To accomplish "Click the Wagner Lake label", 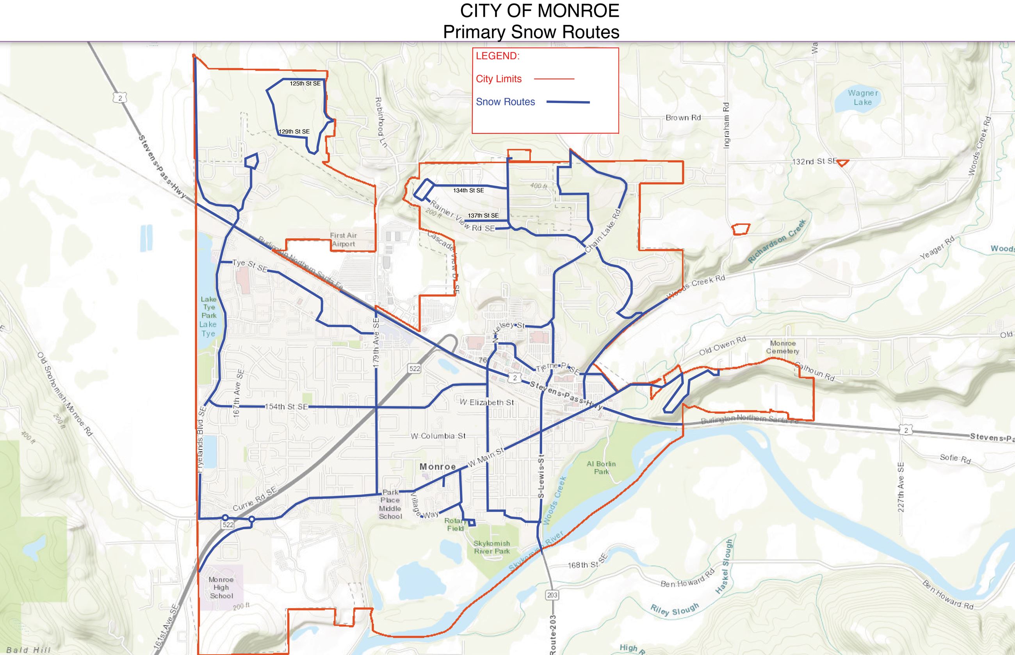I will click(x=862, y=98).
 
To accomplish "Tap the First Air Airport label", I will click(x=343, y=239).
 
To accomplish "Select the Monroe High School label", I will click(x=221, y=587).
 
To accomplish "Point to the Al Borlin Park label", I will click(x=601, y=467).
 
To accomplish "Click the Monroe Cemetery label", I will click(x=783, y=347).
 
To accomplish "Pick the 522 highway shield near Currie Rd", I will click(x=228, y=525).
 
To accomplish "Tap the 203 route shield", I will click(x=552, y=595).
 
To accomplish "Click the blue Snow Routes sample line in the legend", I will click(x=568, y=102).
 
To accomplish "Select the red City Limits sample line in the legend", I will click(x=554, y=79).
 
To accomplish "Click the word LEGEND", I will click(x=497, y=56).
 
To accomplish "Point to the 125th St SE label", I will click(x=305, y=84).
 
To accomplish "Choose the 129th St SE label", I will click(x=294, y=132).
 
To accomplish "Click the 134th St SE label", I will click(x=468, y=190).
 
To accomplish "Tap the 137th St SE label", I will click(x=483, y=215).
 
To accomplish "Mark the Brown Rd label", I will click(x=683, y=117).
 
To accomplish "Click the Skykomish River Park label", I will click(x=492, y=547).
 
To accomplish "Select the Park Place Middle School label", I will click(x=390, y=504).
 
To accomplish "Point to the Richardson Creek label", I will click(x=777, y=241).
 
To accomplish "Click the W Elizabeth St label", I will click(x=487, y=402).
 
